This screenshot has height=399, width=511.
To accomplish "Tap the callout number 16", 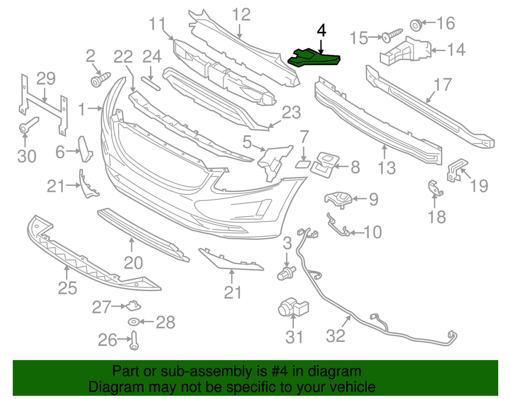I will click(446, 23).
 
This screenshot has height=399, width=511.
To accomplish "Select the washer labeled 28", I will click(133, 322).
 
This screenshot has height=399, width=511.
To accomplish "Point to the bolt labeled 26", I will click(133, 340).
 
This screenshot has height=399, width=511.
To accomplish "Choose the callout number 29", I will click(46, 78).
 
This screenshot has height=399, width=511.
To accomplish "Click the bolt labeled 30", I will click(25, 128).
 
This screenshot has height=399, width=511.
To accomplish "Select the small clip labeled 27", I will click(132, 305).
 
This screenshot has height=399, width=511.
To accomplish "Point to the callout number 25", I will click(67, 288).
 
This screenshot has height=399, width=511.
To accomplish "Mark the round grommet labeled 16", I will click(416, 24).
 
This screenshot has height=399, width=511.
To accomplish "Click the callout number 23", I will click(291, 113).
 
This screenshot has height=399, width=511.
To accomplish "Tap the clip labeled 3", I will click(287, 273).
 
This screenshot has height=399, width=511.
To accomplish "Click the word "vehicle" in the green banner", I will click(352, 387).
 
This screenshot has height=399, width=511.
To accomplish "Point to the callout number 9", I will click(373, 200).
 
